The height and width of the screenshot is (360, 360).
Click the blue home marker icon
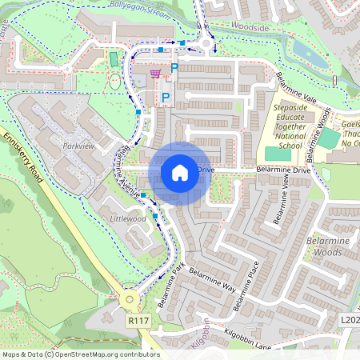point(179,171)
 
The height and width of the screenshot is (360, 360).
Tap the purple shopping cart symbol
point(155,74)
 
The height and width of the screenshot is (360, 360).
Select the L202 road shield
point(350,319)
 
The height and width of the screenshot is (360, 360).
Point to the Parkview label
point(78,146)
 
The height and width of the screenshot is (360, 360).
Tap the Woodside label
point(249,26)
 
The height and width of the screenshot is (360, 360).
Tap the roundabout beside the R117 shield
point(130,300)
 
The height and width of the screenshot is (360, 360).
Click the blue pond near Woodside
point(307,54)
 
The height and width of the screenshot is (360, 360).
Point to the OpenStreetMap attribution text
point(81,354)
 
